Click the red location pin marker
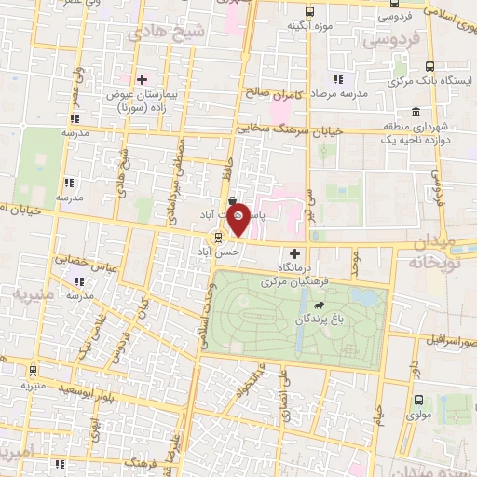(239, 219)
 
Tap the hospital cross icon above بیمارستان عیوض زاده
(142, 79)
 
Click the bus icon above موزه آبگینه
(309, 11)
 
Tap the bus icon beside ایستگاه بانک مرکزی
(429, 66)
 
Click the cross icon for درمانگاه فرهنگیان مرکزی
(295, 253)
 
